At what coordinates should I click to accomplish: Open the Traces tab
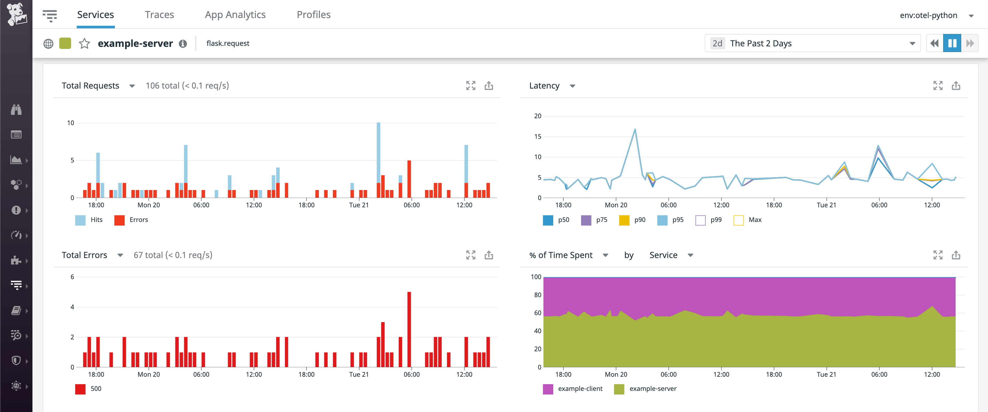[159, 15]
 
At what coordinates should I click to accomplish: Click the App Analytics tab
[235, 15]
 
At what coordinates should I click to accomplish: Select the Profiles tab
[313, 15]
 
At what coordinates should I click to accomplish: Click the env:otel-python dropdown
[936, 15]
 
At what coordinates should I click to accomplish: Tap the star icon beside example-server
[84, 43]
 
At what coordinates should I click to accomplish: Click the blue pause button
[952, 43]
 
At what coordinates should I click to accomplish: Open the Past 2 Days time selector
[812, 43]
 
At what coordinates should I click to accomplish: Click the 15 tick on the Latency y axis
[538, 136]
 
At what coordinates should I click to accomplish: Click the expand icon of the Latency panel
[938, 85]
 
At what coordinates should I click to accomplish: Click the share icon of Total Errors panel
[489, 255]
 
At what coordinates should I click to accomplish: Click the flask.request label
[228, 43]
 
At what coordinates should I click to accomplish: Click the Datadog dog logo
[16, 14]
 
